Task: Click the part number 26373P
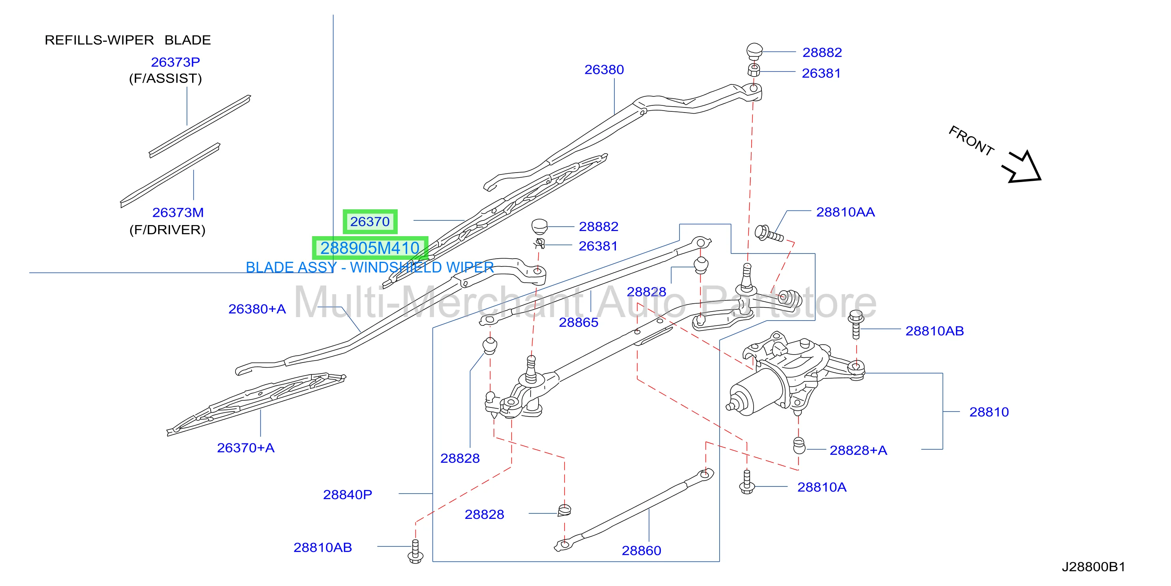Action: (x=176, y=62)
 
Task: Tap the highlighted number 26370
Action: (x=370, y=222)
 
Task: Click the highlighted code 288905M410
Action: (x=370, y=248)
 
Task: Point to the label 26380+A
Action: (x=257, y=309)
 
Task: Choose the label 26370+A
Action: (x=245, y=448)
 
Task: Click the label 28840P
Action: (x=347, y=494)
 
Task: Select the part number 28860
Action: (x=642, y=550)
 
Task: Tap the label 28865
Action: (x=578, y=322)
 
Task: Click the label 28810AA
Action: (x=846, y=212)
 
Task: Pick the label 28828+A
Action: (x=858, y=451)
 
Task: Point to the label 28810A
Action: (x=822, y=487)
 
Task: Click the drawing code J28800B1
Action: (x=1093, y=567)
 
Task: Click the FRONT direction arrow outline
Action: (x=1022, y=167)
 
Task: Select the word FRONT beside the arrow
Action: (x=971, y=141)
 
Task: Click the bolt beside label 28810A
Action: (x=747, y=482)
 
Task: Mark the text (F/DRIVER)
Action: (x=167, y=230)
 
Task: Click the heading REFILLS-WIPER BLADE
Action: (x=128, y=40)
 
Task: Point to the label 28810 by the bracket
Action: (x=989, y=412)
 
